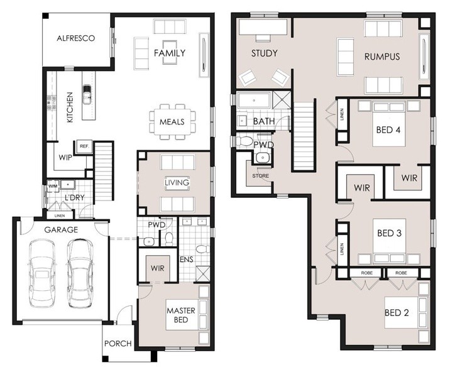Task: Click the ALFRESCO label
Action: [76, 38]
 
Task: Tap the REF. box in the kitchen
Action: [84, 146]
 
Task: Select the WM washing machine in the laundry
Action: [53, 185]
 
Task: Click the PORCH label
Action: [118, 344]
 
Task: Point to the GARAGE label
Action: [61, 230]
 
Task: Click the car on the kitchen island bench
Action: [87, 94]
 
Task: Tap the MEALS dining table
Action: [172, 122]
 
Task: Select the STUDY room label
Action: [265, 53]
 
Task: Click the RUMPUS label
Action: [382, 57]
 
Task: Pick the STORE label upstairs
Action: [261, 176]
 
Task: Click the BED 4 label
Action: [388, 129]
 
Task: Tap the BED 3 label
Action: [390, 233]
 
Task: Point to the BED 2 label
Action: [397, 312]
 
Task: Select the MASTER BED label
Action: [181, 315]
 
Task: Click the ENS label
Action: [186, 259]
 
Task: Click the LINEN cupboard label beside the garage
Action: [60, 216]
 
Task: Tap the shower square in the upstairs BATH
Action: [281, 100]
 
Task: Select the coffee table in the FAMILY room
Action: [170, 52]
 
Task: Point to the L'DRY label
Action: [75, 198]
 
